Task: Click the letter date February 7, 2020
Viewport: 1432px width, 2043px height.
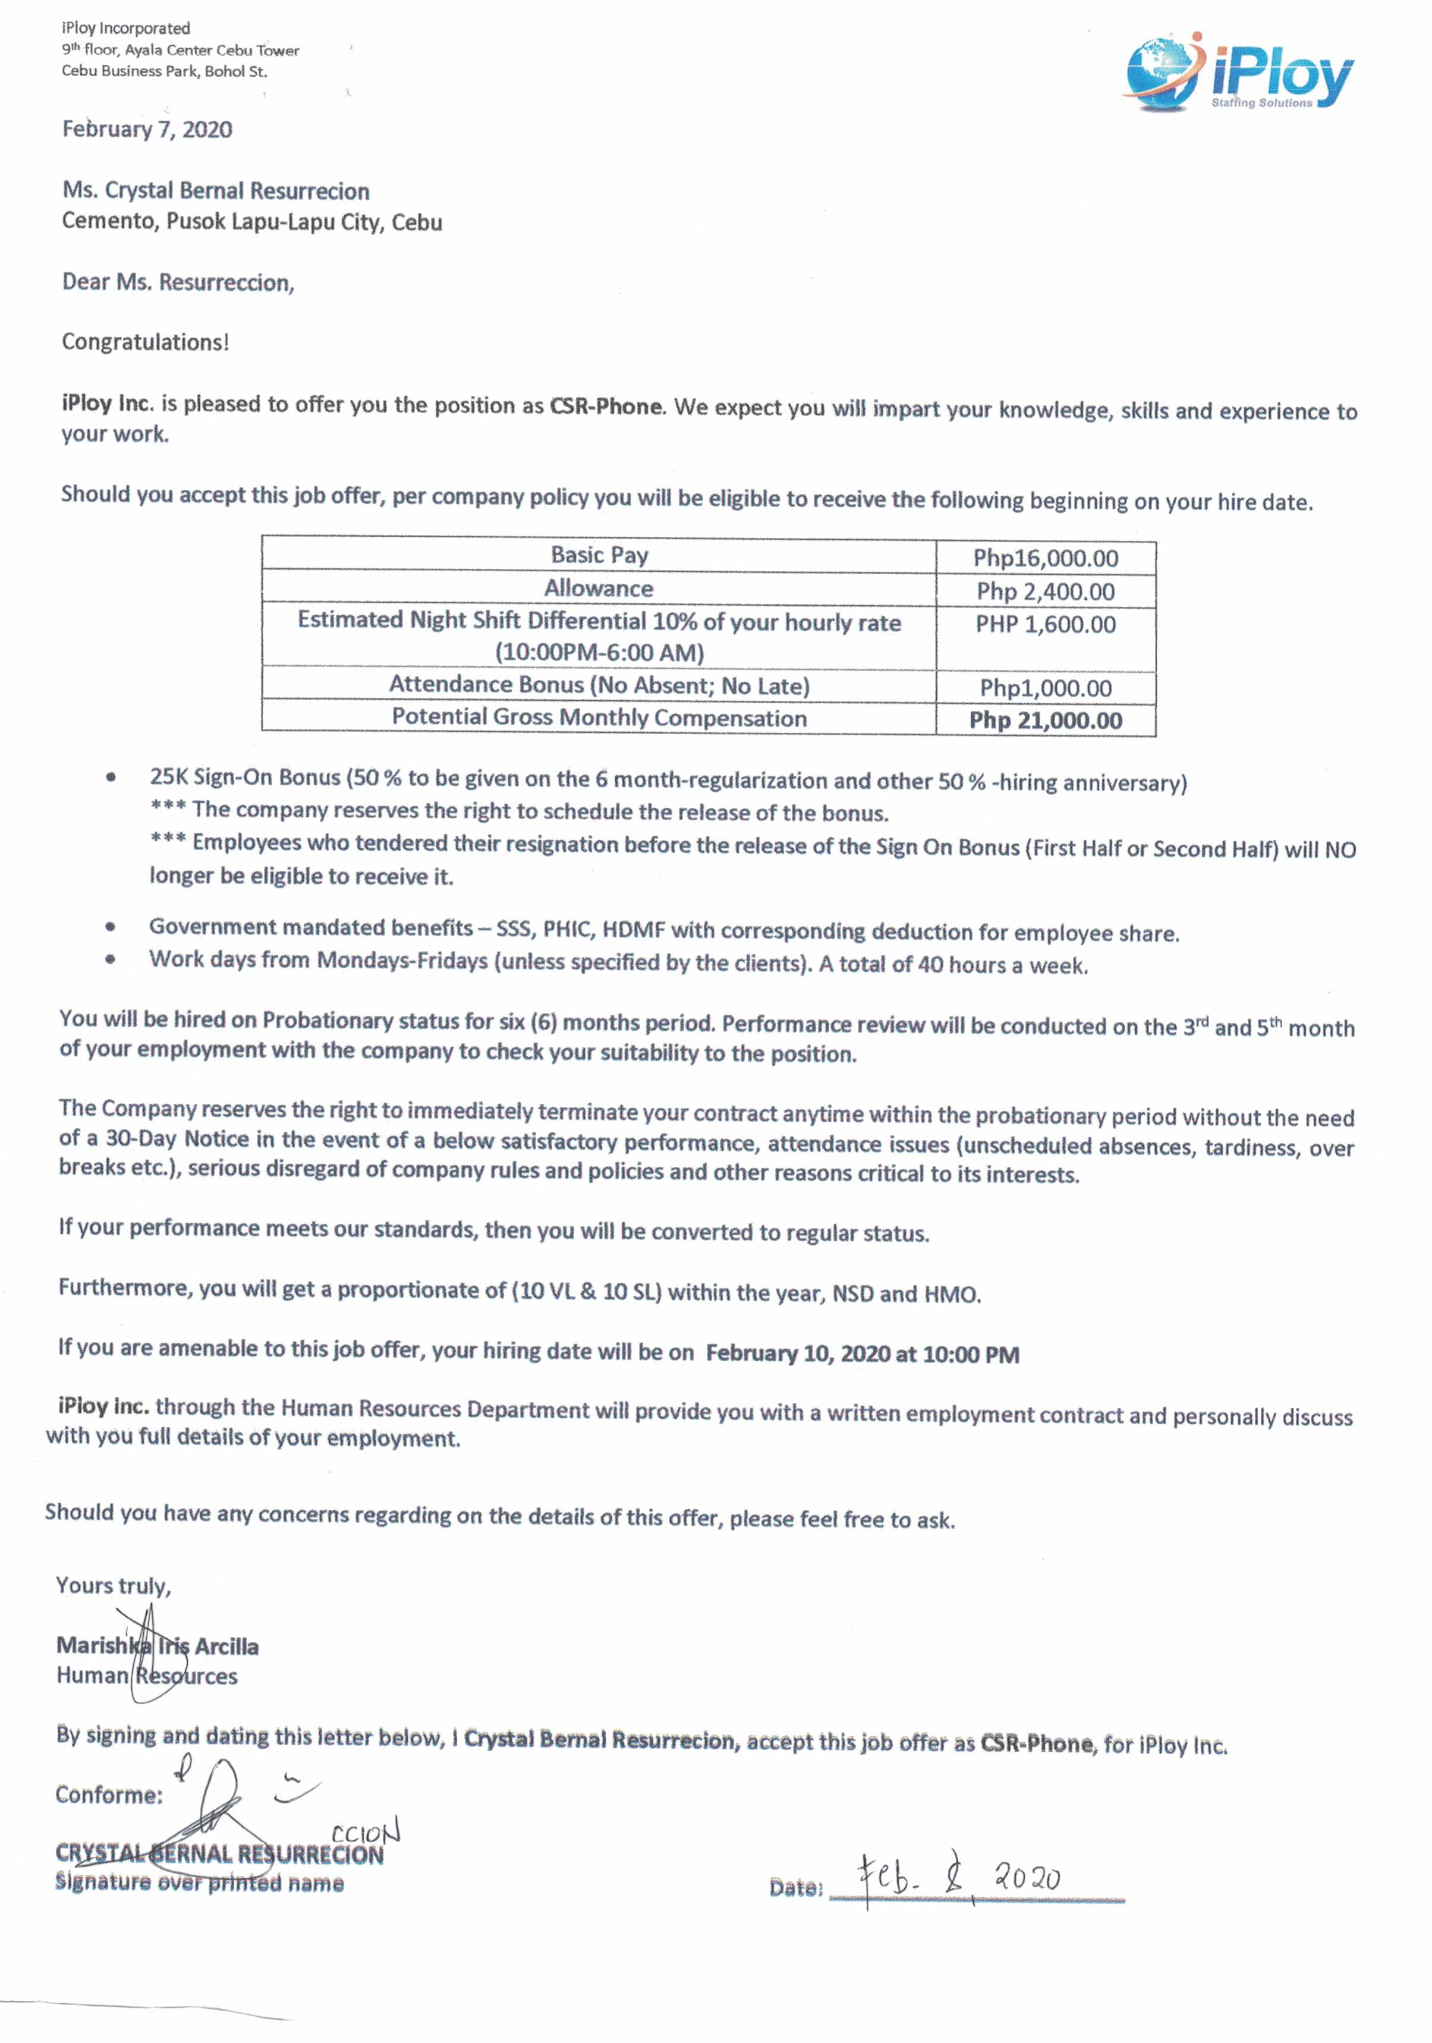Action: click(147, 130)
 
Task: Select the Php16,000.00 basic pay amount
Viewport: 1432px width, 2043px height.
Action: click(1045, 558)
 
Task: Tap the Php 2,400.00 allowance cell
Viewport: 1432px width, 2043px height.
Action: click(1045, 591)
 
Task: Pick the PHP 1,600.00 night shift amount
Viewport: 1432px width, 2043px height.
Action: click(1045, 624)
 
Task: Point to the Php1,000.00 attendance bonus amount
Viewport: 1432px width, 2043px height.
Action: click(1045, 688)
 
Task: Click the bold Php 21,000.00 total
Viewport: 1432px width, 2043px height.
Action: click(1045, 720)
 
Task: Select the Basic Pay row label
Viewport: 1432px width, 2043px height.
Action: click(599, 555)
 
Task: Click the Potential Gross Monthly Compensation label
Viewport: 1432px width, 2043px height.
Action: click(599, 717)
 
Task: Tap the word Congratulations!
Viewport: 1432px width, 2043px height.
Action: click(145, 342)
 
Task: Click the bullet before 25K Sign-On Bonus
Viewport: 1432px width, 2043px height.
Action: click(111, 777)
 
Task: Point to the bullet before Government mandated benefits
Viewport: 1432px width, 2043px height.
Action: click(111, 926)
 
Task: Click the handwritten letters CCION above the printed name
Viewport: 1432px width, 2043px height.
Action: click(365, 1834)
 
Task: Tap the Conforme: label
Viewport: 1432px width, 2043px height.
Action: click(109, 1794)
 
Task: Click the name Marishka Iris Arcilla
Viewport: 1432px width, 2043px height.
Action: click(158, 1646)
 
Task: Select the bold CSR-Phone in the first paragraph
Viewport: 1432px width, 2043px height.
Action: click(606, 407)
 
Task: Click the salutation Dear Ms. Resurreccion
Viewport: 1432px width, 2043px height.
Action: click(178, 282)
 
